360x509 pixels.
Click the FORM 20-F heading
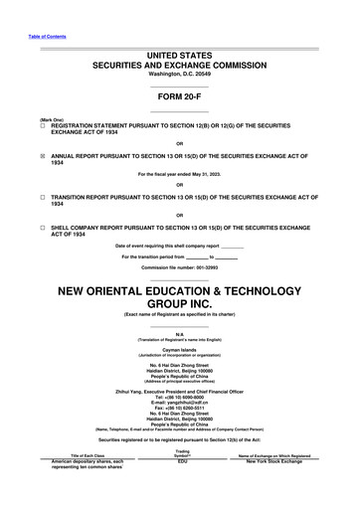[179, 97]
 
